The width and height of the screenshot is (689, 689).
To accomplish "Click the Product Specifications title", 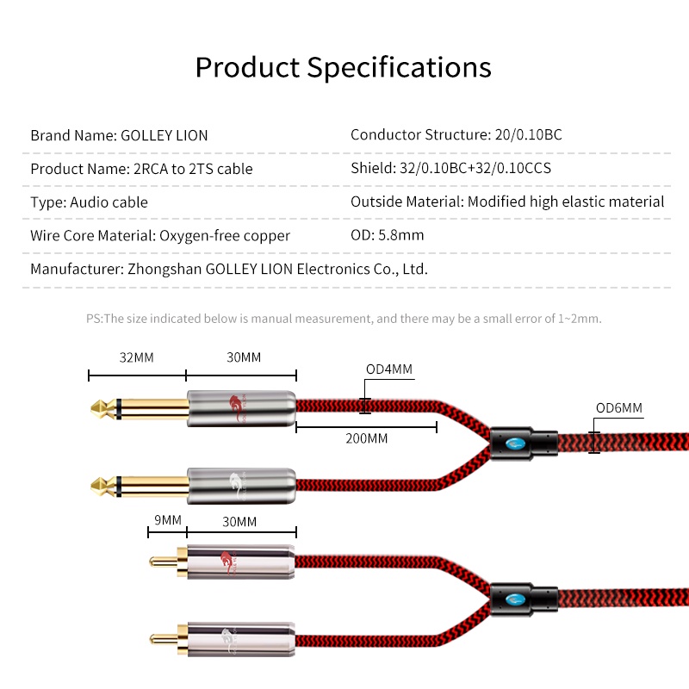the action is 343,68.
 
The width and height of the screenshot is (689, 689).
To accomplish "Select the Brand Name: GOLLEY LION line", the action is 119,135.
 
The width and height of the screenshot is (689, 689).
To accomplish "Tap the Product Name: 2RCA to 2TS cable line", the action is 141,169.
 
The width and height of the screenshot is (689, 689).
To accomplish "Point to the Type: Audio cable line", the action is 90,202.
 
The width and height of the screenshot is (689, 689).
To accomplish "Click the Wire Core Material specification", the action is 160,236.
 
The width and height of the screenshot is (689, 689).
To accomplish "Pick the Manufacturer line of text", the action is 229,269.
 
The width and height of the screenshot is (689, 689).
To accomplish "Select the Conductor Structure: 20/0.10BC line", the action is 456,134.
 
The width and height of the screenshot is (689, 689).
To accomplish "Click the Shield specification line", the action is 450,168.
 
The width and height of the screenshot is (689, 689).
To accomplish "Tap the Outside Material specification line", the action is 507,202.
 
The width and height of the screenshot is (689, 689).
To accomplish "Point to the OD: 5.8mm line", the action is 387,235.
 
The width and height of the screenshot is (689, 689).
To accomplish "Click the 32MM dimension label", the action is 137,357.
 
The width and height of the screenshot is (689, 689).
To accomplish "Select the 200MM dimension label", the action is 367,438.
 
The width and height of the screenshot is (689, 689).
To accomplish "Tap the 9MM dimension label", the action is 168,520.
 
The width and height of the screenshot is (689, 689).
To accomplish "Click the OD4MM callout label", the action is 389,369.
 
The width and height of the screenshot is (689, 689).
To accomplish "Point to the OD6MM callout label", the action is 619,407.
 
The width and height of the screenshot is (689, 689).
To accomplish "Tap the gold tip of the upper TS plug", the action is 97,408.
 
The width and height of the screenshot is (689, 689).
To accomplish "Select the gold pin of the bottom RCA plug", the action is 163,639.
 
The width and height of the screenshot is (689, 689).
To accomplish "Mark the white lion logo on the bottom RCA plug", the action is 229,641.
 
